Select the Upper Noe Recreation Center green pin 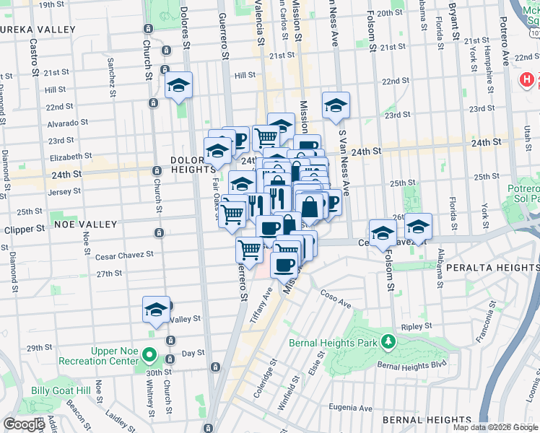[149, 355]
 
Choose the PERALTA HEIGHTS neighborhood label [491, 267]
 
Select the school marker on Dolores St [178, 87]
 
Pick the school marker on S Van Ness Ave [336, 106]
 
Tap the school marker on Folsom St [383, 232]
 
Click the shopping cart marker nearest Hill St [266, 135]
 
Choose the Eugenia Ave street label [352, 408]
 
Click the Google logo [25, 424]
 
